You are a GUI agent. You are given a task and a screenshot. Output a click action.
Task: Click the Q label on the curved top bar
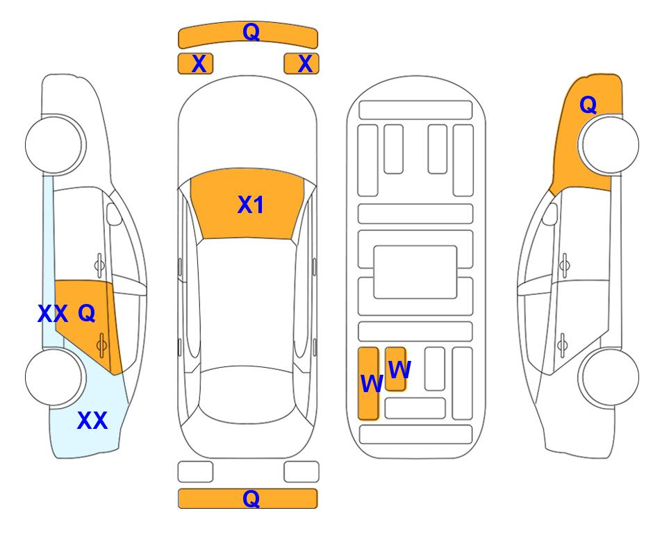coord(251,32)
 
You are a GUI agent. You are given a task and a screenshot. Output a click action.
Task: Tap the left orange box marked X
coord(195,64)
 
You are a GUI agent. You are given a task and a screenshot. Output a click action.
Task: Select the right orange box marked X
coord(302,64)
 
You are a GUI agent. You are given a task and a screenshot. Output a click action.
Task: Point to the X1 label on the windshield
coord(251,205)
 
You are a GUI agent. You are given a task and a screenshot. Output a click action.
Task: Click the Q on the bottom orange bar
coord(251,498)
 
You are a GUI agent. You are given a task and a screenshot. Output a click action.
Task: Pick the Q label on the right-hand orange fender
coord(588,105)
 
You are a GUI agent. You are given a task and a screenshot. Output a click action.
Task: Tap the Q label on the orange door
coord(87,314)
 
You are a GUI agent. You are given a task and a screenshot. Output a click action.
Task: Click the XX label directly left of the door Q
coord(53,314)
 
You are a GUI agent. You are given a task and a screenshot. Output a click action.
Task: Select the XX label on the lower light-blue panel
coord(92,421)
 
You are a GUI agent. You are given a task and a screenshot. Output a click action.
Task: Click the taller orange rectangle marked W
coord(368,383)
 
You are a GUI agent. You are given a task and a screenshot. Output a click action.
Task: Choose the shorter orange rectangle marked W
coord(395,369)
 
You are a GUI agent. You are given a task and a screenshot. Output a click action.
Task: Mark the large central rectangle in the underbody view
coord(415,272)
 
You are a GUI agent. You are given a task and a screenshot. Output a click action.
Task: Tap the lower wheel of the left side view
coord(53,377)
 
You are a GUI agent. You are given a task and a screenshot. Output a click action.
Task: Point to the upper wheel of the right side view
coord(610,144)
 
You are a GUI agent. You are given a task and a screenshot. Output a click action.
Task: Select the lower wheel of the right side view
coord(610,377)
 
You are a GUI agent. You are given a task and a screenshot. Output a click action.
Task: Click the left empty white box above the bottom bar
coord(195,472)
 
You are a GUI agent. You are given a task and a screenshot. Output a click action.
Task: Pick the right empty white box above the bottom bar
coord(302,472)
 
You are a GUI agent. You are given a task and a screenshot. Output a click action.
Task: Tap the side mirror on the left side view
coord(114,214)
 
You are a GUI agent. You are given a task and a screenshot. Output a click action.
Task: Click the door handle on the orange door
coord(101,345)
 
